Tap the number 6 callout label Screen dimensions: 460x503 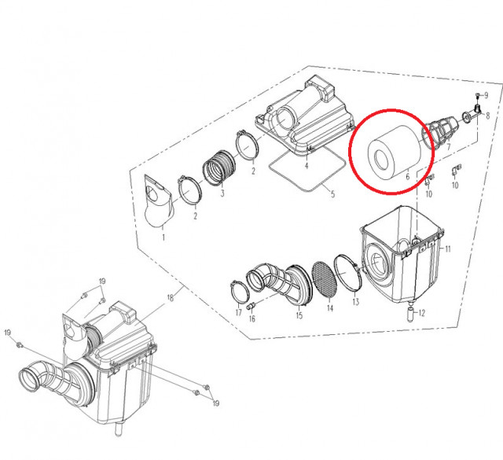(x=407, y=177)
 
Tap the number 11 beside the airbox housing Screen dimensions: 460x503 (x=446, y=249)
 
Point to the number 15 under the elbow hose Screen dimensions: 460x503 (x=299, y=315)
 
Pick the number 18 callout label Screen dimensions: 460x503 (x=170, y=298)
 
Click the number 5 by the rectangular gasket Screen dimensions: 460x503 (x=332, y=193)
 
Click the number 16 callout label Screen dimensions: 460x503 (x=252, y=318)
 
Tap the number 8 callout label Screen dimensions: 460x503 (x=487, y=116)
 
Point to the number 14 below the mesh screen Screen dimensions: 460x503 (x=330, y=309)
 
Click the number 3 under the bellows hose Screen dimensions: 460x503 (x=222, y=193)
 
